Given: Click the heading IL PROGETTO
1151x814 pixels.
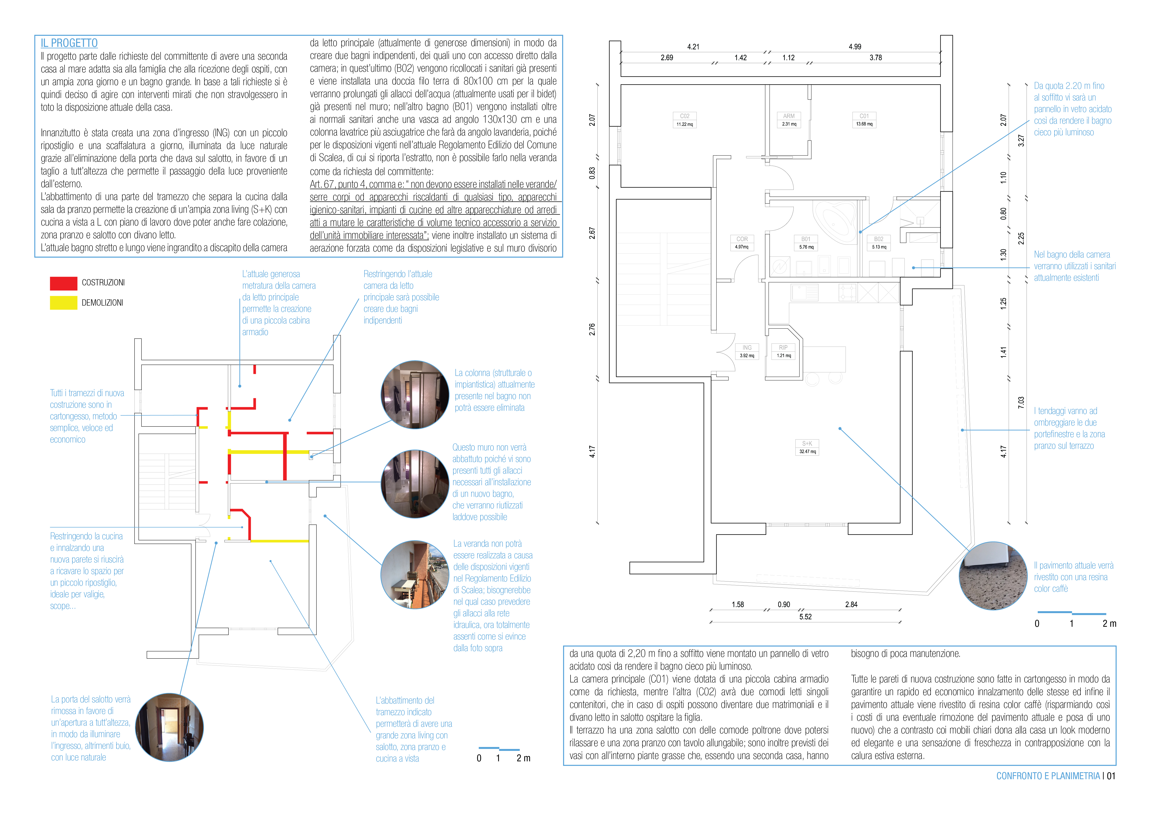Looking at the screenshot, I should point(69,43).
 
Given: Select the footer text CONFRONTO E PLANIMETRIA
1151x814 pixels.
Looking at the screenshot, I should point(1048,776).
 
